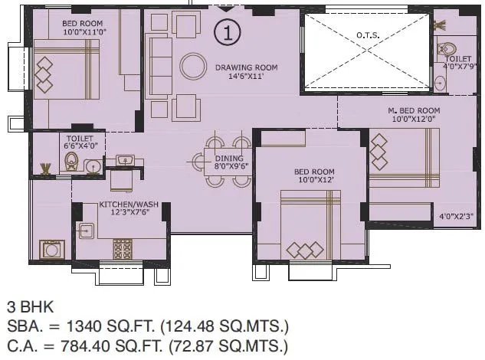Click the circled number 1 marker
pyautogui.click(x=228, y=31)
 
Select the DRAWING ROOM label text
pyautogui.click(x=246, y=67)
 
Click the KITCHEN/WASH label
pyautogui.click(x=129, y=205)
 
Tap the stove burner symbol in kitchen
pyautogui.click(x=123, y=249)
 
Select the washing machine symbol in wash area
pyautogui.click(x=52, y=249)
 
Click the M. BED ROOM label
pyautogui.click(x=413, y=110)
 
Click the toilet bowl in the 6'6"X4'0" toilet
pyautogui.click(x=72, y=162)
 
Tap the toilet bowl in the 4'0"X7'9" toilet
pyautogui.click(x=447, y=50)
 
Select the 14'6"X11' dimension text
pyautogui.click(x=245, y=77)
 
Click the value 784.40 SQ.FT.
pyautogui.click(x=100, y=347)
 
